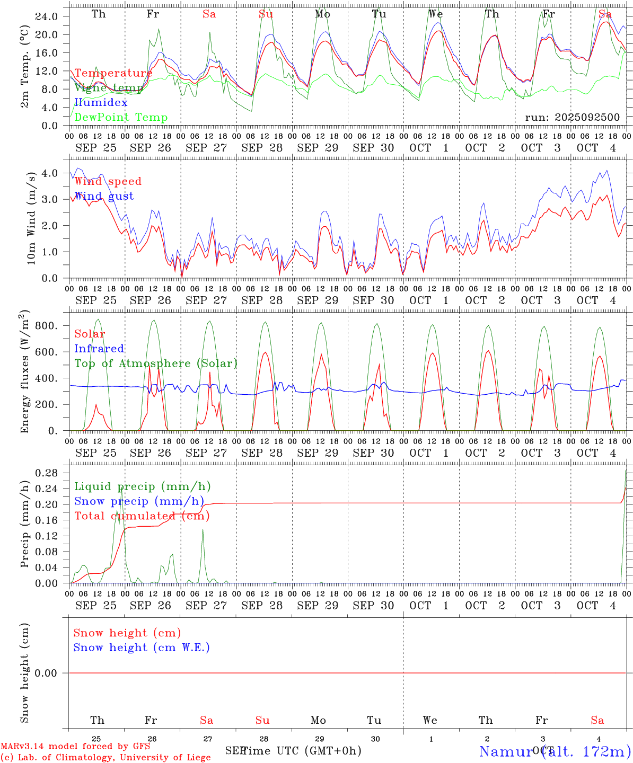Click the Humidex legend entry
(101, 103)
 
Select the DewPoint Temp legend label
(121, 118)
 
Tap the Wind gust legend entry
(104, 196)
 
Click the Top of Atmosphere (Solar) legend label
(156, 363)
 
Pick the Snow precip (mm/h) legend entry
(139, 501)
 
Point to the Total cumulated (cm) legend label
(142, 516)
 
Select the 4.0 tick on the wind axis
(50, 173)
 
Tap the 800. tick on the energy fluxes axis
(46, 326)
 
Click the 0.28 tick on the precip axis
(46, 473)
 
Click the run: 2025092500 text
(572, 118)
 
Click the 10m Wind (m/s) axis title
(31, 218)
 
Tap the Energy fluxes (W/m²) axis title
(25, 372)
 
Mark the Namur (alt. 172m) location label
(555, 751)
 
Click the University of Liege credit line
(105, 757)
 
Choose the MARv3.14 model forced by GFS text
(75, 747)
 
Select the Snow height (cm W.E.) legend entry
(142, 647)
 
